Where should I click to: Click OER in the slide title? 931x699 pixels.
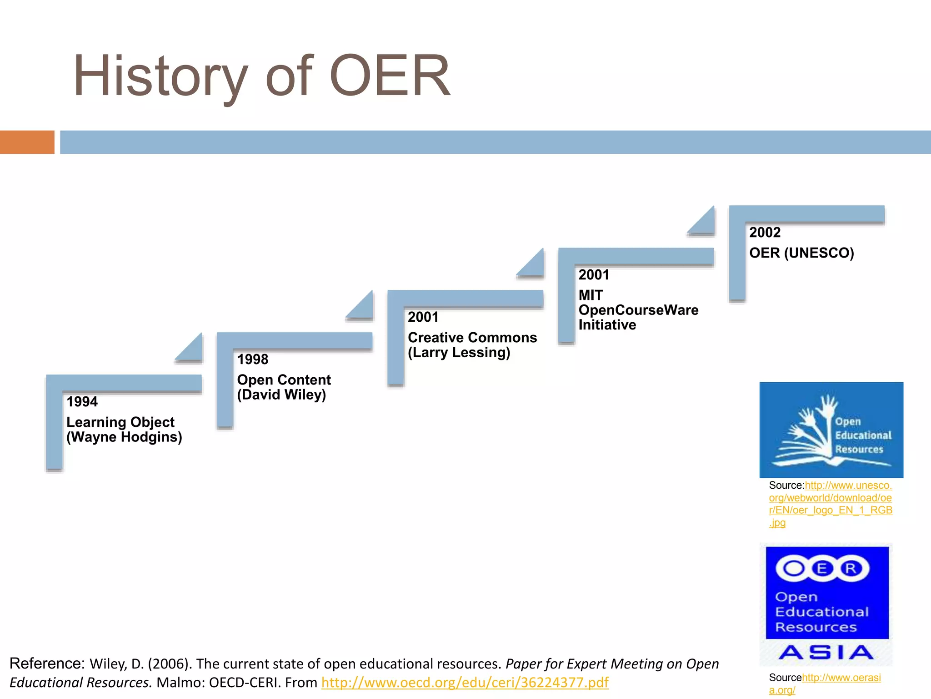click(x=390, y=76)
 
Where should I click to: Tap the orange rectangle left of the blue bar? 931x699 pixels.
click(x=27, y=142)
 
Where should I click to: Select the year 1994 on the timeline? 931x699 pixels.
click(x=82, y=402)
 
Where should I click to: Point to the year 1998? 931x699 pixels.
click(x=253, y=360)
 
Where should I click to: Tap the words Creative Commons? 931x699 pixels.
click(x=472, y=338)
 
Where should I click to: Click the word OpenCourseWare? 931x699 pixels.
click(x=638, y=310)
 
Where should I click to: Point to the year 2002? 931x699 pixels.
click(x=765, y=233)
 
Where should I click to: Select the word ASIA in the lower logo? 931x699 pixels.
click(x=826, y=653)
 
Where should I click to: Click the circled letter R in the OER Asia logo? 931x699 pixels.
click(x=851, y=568)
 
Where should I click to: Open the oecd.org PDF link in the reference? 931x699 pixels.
click(x=465, y=683)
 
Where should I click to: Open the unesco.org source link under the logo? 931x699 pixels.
click(x=830, y=504)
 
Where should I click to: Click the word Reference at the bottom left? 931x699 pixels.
click(x=47, y=664)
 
